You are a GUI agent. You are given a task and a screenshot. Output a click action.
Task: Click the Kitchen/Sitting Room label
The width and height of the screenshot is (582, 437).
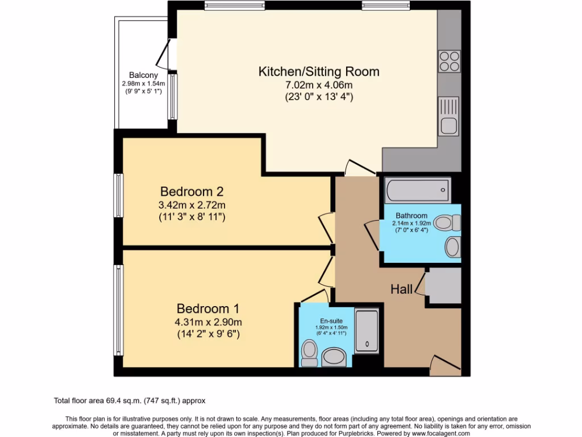click(x=319, y=72)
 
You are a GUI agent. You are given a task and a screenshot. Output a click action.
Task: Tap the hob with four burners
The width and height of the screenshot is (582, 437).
click(x=449, y=61)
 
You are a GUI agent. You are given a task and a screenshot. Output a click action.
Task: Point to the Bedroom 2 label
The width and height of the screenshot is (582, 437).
click(x=193, y=191)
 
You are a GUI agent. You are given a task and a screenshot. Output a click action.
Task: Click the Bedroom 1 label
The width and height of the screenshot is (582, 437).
click(x=207, y=308)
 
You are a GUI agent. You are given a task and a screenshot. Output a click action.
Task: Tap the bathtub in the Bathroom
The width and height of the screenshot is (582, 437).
click(x=418, y=190)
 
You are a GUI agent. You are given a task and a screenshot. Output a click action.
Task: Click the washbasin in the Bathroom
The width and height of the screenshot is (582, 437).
click(x=453, y=247)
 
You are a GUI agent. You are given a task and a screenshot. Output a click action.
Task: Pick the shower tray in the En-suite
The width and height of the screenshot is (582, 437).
click(x=367, y=331)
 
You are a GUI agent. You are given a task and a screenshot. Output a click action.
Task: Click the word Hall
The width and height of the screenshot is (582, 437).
click(x=401, y=290)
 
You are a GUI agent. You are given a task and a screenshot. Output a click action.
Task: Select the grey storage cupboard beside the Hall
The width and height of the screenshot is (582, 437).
click(x=443, y=286)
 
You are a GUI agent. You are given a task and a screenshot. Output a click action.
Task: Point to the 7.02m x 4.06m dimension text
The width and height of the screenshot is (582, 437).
click(x=319, y=85)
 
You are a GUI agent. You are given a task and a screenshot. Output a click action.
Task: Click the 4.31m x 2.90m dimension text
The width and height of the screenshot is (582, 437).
click(x=207, y=321)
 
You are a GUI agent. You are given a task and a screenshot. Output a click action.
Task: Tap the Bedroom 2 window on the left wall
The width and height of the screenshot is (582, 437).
click(x=119, y=195)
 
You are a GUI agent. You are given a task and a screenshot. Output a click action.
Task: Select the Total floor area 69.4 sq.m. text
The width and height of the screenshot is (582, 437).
click(x=133, y=401)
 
